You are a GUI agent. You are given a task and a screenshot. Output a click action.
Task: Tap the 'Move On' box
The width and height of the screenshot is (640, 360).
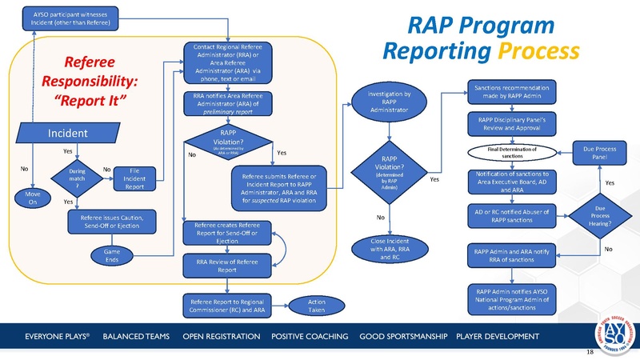(30, 199)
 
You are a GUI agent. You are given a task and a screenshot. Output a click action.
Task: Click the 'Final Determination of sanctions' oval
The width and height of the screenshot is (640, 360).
(511, 152)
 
